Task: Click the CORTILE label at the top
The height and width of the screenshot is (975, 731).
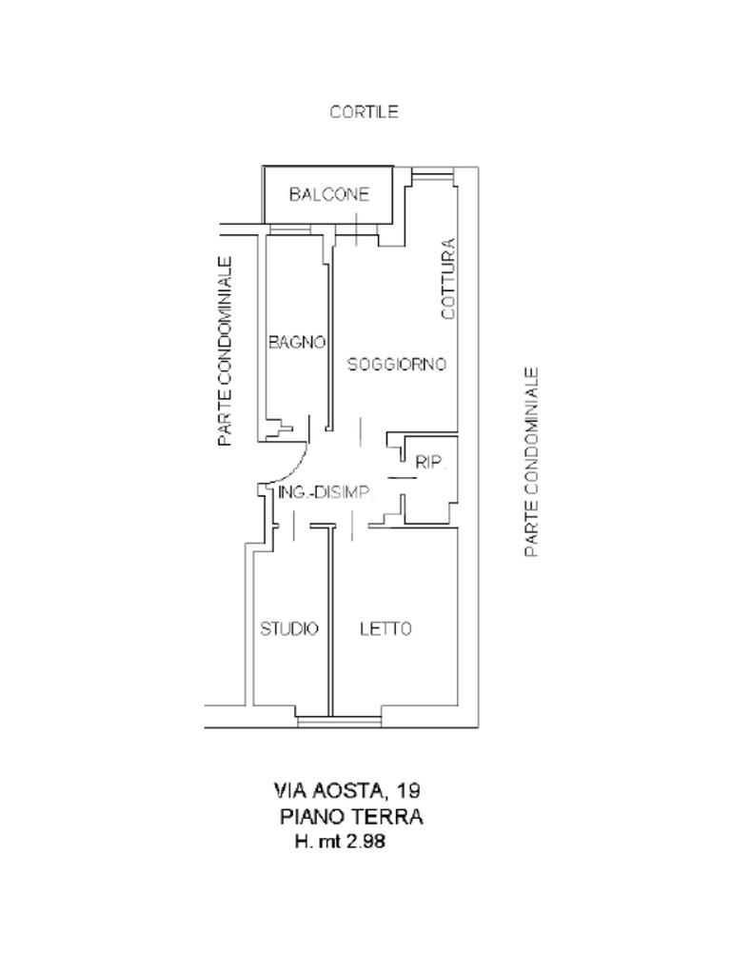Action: [364, 111]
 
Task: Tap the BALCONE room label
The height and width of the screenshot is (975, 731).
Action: [328, 194]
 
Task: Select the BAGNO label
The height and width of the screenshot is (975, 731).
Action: [297, 342]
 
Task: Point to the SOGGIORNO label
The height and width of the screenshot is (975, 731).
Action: [396, 364]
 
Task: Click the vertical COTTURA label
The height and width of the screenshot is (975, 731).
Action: [448, 278]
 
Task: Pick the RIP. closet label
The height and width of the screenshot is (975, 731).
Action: [430, 463]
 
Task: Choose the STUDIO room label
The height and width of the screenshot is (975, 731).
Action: [289, 628]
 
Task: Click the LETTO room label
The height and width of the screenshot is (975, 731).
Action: [385, 628]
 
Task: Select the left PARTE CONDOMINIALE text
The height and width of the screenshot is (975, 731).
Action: [225, 351]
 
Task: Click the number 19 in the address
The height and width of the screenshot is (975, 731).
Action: [409, 790]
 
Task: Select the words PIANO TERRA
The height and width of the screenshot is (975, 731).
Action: [351, 817]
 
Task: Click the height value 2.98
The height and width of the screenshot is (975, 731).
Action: [366, 843]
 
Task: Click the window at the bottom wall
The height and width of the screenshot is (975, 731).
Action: [339, 721]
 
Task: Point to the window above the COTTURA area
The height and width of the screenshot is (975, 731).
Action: [433, 173]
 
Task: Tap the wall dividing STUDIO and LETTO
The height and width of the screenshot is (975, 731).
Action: [331, 619]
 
